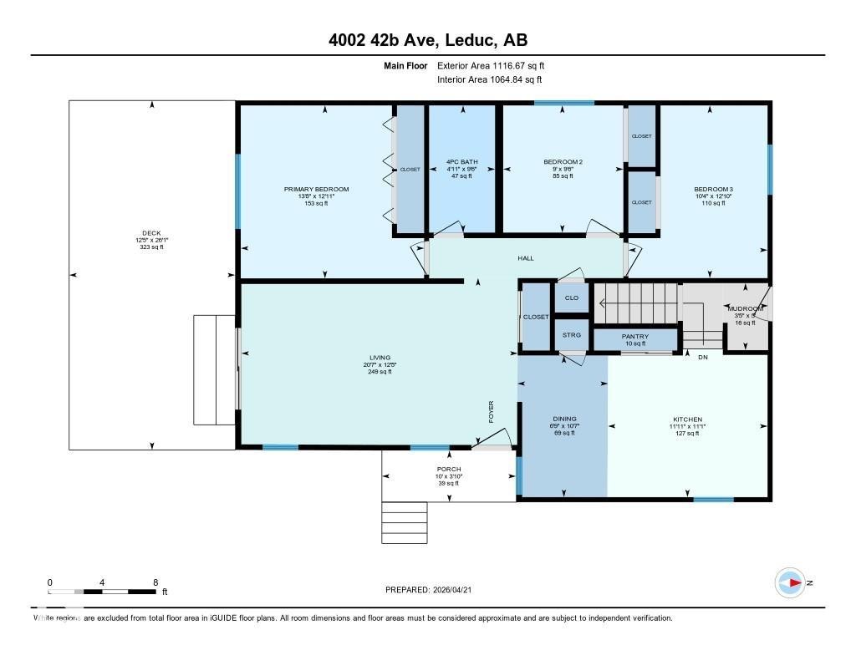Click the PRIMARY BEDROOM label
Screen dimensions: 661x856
(x=316, y=190)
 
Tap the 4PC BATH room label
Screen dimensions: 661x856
(x=462, y=162)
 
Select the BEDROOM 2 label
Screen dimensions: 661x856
(x=563, y=162)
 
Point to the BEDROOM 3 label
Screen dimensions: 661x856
(x=713, y=190)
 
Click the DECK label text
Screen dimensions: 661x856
(x=151, y=233)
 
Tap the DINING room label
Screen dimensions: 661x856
(x=564, y=419)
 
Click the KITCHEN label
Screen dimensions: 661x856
(x=687, y=419)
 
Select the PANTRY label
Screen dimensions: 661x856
(x=634, y=337)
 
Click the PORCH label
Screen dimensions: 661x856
(x=449, y=470)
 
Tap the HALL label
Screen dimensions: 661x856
(x=525, y=259)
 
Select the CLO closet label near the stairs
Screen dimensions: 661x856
(x=572, y=297)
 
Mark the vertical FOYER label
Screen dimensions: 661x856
(x=492, y=412)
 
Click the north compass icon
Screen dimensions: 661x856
(x=790, y=582)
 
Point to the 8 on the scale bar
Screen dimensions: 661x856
(x=155, y=582)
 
